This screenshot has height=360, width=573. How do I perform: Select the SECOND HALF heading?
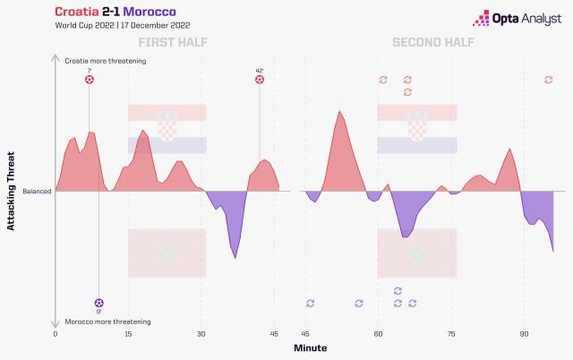[432, 43]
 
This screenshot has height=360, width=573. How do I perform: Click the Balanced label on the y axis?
[37, 191]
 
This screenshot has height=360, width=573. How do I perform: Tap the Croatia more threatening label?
[106, 61]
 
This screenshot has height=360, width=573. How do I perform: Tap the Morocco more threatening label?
[107, 321]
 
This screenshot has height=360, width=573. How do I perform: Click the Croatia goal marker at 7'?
[89, 80]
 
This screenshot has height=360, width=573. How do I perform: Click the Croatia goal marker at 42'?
[260, 80]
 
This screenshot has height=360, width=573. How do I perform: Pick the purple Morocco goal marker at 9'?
[98, 303]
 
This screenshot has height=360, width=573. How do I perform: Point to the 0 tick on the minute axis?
[56, 333]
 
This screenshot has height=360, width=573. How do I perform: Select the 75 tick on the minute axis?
[451, 333]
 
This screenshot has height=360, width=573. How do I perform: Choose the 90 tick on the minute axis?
[524, 333]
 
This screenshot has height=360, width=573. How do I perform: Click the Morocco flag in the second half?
[417, 253]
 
